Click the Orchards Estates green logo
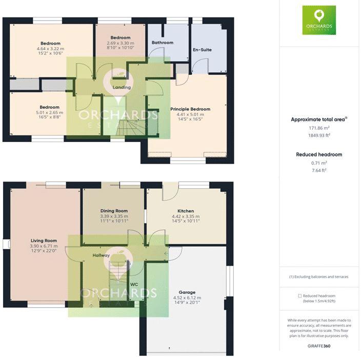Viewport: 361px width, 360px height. point(319,20)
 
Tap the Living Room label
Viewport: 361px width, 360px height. point(43,240)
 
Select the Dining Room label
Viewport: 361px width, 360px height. point(114,211)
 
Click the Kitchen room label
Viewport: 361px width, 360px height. point(186,211)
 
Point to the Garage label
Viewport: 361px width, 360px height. point(187,291)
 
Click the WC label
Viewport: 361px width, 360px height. point(134,284)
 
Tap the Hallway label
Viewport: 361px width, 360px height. point(101,255)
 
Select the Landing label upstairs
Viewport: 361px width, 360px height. point(122,87)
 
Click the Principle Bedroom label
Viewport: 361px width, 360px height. point(190,109)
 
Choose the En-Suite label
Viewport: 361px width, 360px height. point(202,50)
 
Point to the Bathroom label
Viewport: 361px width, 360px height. point(163,43)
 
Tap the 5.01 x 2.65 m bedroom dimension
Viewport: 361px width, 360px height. point(50,112)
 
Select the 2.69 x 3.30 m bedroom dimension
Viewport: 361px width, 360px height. point(121,43)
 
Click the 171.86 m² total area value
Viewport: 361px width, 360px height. point(319,128)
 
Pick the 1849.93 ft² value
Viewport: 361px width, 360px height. point(319,135)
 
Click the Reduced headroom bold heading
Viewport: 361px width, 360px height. point(319,154)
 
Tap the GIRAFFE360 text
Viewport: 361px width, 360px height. point(319,347)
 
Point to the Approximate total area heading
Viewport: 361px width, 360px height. point(318,119)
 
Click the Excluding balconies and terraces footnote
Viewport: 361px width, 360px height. point(319,277)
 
